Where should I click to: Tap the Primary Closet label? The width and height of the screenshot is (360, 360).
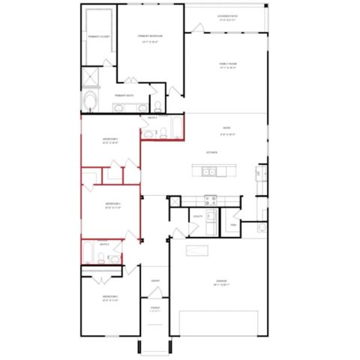point(99,36)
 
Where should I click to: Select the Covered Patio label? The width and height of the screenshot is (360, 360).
point(227,16)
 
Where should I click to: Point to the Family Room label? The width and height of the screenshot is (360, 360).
point(227,65)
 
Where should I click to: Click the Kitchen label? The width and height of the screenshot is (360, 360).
point(211,152)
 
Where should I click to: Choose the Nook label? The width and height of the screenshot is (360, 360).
point(226,127)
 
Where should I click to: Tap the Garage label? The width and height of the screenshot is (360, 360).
point(220,282)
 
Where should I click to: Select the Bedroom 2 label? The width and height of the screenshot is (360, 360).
point(110,298)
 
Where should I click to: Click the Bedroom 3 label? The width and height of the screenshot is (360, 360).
point(110,139)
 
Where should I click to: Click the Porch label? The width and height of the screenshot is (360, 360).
point(155,308)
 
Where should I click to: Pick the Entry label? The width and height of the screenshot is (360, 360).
point(155,281)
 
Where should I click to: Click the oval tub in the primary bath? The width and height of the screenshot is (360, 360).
point(91,103)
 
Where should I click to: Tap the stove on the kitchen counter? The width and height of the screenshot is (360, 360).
point(211,199)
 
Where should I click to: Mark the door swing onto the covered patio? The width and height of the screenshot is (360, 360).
point(198,28)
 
